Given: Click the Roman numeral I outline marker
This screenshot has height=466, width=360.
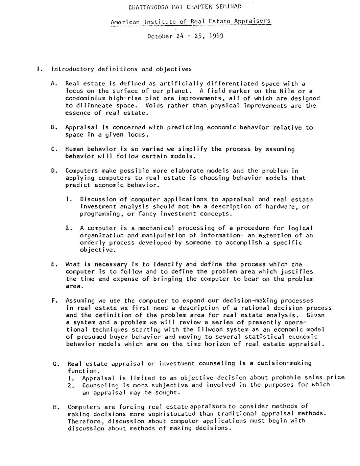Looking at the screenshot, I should (39, 69).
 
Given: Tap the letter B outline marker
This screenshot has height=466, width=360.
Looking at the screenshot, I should (53, 127).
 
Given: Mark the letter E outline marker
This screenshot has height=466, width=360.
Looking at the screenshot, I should (53, 264).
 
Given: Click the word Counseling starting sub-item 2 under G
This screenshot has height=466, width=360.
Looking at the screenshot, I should (100, 385).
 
